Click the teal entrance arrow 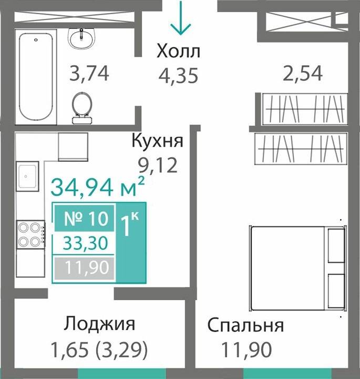[181, 18]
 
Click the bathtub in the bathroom [36, 77]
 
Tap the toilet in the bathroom [81, 106]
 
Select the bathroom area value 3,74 [90, 74]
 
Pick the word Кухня [157, 142]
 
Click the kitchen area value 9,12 [157, 165]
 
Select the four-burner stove [30, 234]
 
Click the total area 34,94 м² [97, 186]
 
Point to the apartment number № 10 [85, 218]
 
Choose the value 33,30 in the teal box [85, 243]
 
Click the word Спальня [245, 325]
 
